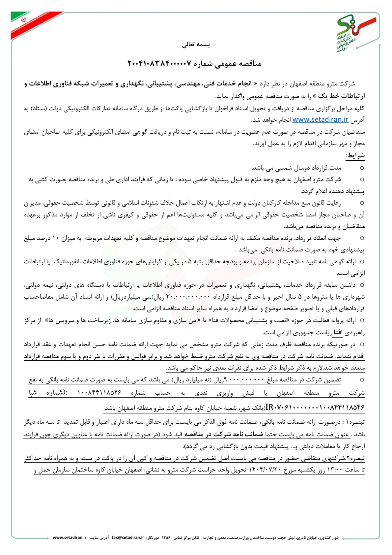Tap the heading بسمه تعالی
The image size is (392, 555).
click(x=196, y=45)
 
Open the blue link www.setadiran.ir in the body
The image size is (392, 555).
click(x=320, y=119)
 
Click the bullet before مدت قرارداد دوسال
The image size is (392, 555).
click(x=362, y=168)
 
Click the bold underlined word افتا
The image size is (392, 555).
click(x=338, y=333)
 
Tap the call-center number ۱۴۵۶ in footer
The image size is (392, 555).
click(x=166, y=538)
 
